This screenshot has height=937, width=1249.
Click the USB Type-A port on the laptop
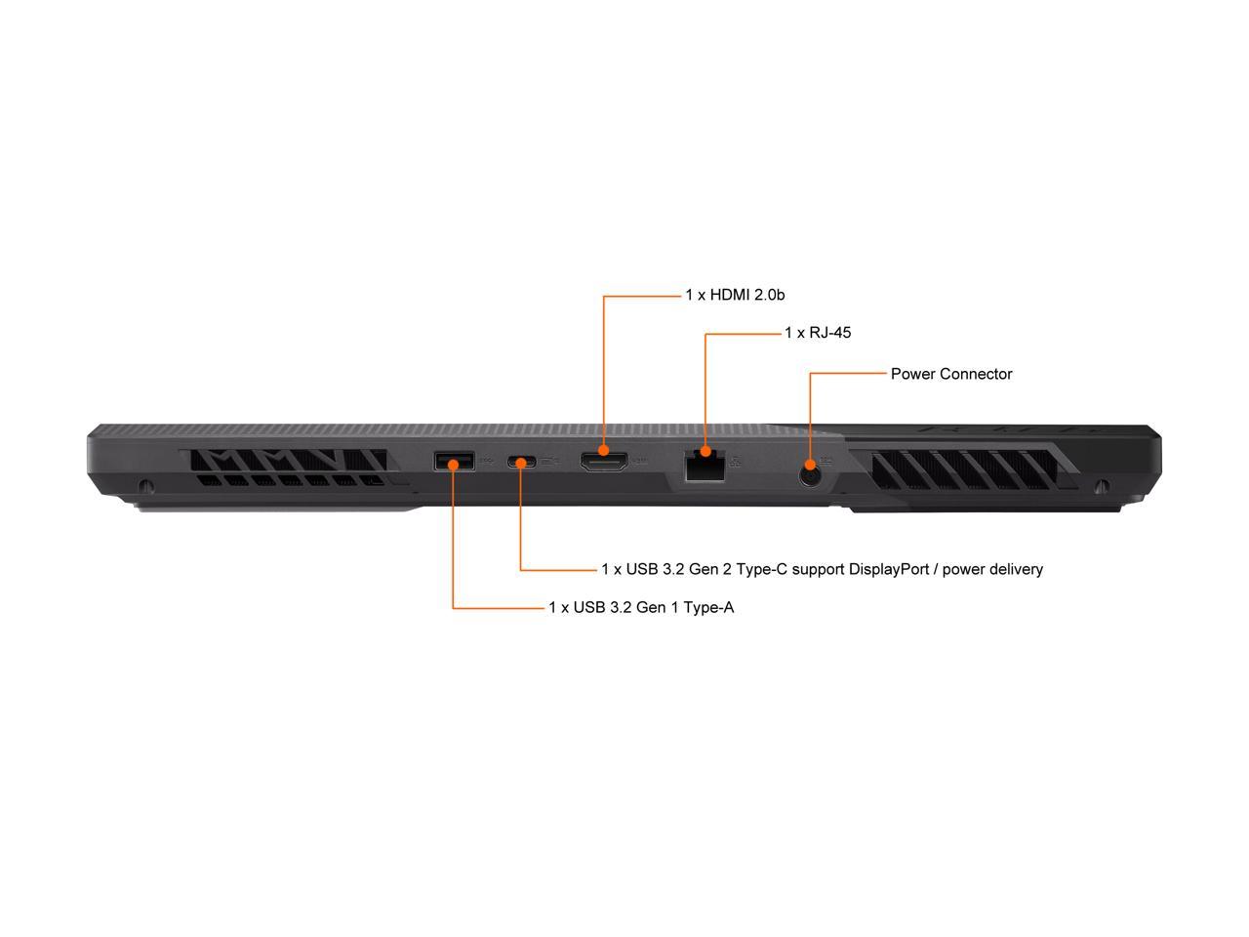[454, 461]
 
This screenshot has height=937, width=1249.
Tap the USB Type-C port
[520, 462]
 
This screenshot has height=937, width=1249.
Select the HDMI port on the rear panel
[604, 461]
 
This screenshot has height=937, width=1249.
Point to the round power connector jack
[810, 475]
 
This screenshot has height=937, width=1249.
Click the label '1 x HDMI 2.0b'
[735, 294]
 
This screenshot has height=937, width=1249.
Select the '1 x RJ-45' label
[818, 333]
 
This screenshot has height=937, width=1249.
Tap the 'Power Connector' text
[951, 374]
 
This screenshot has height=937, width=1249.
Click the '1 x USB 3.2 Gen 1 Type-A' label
[641, 608]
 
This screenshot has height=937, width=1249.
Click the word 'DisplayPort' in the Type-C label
[889, 569]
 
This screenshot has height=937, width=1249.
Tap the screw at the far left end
[146, 486]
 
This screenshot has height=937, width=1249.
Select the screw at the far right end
[1103, 486]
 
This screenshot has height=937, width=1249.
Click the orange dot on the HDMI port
[604, 451]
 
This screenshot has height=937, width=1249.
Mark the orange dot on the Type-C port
[520, 462]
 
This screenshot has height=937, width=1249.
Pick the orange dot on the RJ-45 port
[705, 452]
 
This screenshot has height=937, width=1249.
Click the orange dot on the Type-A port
[453, 464]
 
